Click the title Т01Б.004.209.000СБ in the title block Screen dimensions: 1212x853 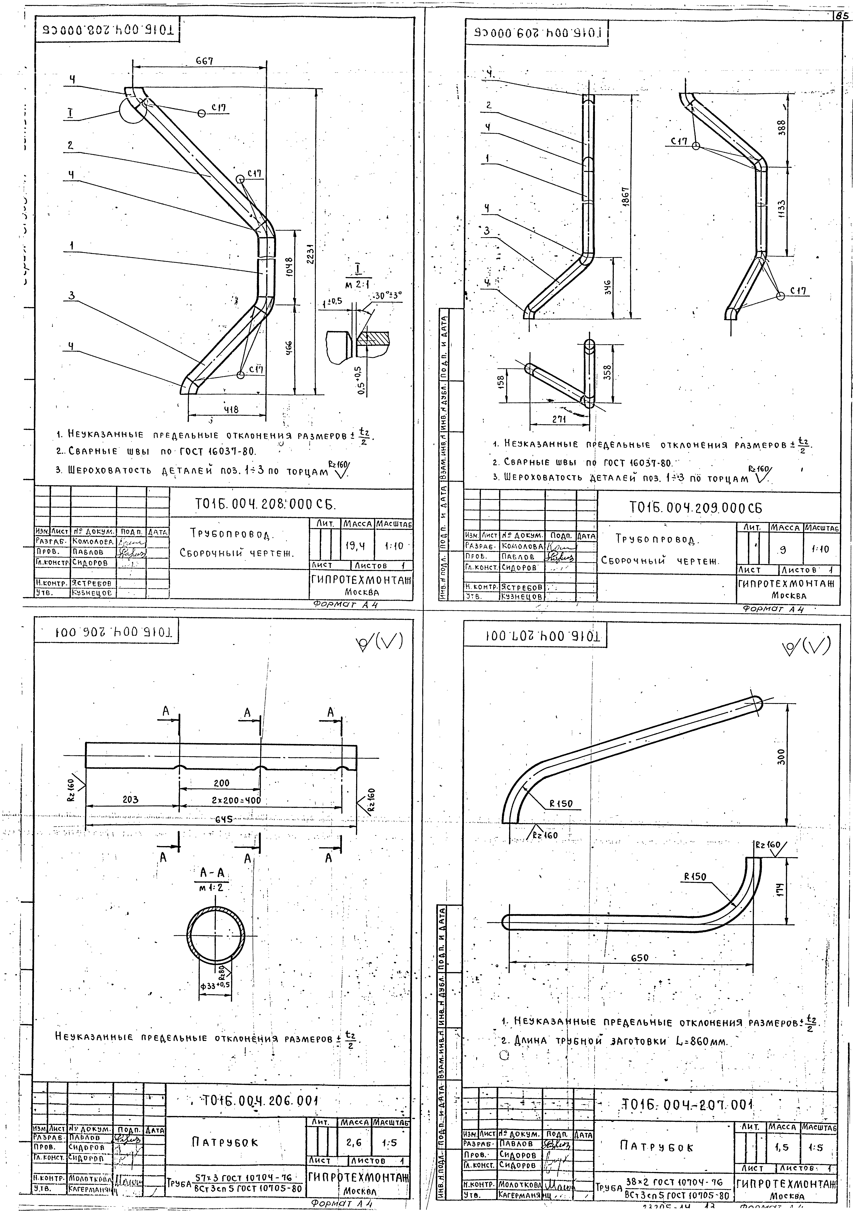point(696,508)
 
